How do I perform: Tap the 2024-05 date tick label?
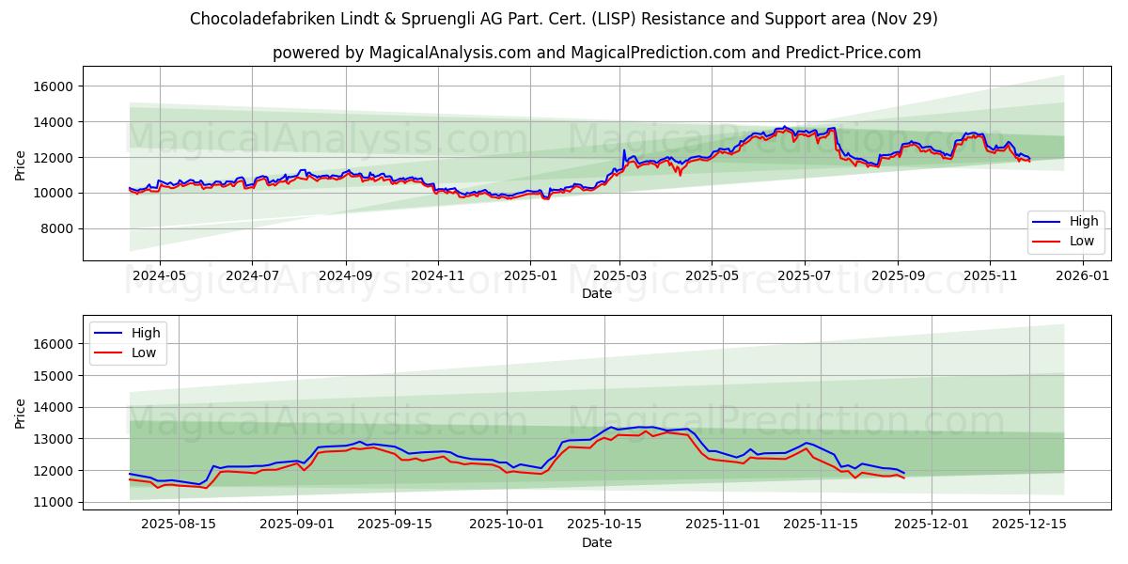click(x=159, y=275)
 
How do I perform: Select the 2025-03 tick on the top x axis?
click(x=619, y=275)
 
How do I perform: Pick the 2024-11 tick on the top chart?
click(x=437, y=275)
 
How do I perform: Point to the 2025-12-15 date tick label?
click(x=1029, y=524)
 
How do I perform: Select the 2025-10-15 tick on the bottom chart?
click(x=603, y=524)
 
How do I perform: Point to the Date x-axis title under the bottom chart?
click(x=596, y=542)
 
